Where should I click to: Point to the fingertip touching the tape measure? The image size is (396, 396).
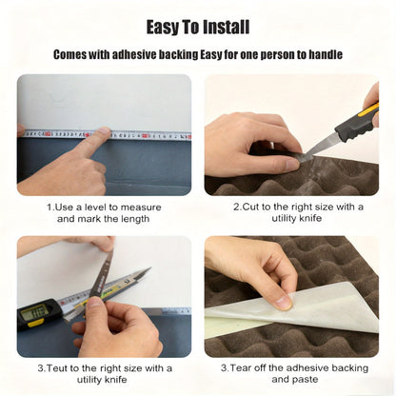click(x=104, y=130)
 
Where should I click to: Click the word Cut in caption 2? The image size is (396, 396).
click(x=250, y=207)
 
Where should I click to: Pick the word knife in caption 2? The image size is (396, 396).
click(x=310, y=218)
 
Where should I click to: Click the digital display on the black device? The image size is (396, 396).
click(x=34, y=311)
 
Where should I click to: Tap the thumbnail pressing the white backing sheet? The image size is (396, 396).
click(x=283, y=302)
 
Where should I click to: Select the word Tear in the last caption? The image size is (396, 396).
click(x=240, y=368)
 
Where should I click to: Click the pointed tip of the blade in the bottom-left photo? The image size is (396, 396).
click(x=149, y=268)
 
